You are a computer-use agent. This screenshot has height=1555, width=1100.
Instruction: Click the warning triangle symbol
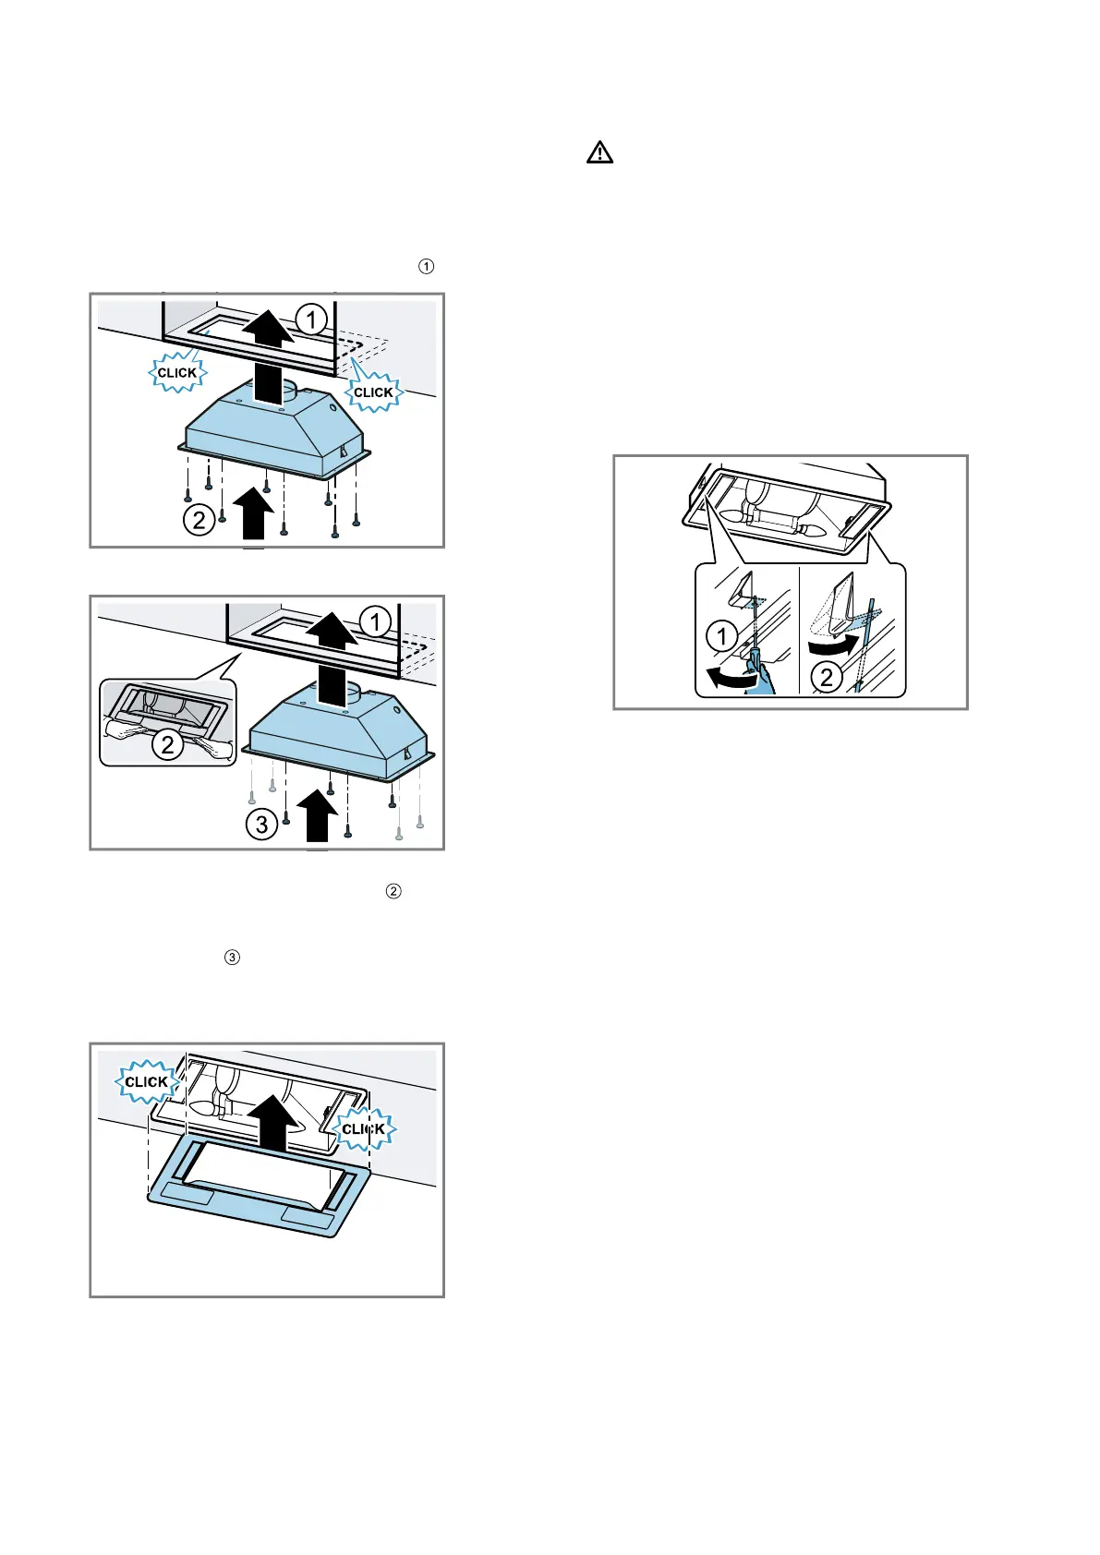click(x=599, y=153)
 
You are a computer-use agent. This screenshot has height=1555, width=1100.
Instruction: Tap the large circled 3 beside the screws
click(x=262, y=824)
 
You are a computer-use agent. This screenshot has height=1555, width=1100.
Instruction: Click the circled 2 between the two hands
click(x=168, y=744)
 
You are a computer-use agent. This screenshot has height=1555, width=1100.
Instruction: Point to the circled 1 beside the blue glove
click(x=721, y=636)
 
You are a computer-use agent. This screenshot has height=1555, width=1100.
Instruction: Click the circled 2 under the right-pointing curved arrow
click(x=827, y=678)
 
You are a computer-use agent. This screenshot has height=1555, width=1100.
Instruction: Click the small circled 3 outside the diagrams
click(x=232, y=958)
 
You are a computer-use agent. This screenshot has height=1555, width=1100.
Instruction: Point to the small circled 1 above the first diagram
click(x=426, y=267)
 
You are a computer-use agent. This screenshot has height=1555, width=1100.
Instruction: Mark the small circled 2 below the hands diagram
click(x=393, y=891)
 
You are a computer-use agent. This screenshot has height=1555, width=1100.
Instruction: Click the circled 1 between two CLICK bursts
click(x=311, y=319)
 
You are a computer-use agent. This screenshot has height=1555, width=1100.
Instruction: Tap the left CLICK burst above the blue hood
click(x=177, y=372)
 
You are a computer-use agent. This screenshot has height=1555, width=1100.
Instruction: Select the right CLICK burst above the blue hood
click(x=373, y=392)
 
